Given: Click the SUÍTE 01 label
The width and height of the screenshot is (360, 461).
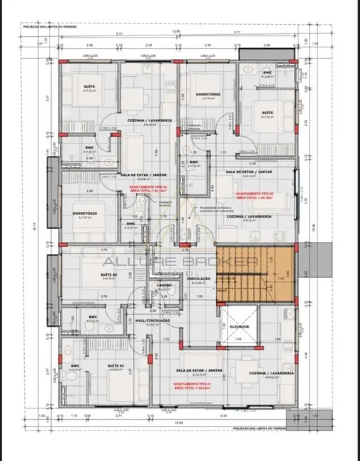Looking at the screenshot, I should tap(115, 366).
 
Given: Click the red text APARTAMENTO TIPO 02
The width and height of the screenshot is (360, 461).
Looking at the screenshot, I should tap(150, 189).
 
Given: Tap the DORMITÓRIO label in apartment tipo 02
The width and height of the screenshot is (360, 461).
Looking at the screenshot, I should tap(85, 213).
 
